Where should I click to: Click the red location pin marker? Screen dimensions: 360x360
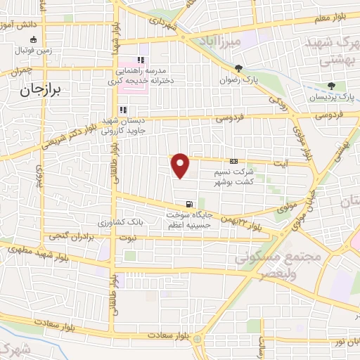[181, 166]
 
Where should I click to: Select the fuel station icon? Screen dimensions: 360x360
[188, 204]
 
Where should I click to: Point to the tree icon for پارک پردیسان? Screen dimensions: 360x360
[341, 86]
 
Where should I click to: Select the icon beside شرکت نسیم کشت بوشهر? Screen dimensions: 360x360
[234, 162]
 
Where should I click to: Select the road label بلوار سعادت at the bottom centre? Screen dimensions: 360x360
[167, 337]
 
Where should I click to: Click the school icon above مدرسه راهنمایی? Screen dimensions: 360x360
[141, 60]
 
